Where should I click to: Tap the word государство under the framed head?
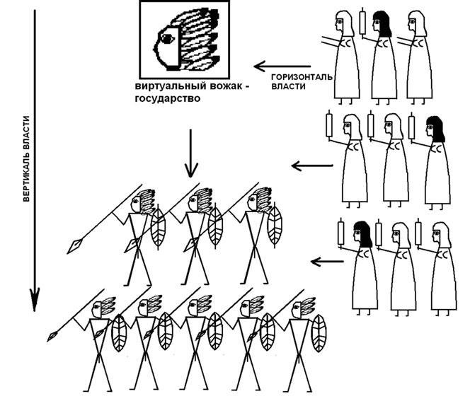pos(168,98)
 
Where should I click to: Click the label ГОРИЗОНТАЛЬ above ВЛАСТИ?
pos(302,77)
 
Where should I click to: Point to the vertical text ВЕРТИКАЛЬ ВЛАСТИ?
pos(26,158)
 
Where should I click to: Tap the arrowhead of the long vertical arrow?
pos(35,299)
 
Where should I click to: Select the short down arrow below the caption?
pos(191,153)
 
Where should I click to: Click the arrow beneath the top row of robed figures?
pos(282,66)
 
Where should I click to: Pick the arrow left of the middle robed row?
pos(312,165)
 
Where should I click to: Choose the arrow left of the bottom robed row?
pos(327,262)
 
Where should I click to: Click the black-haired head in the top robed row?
pos(382,24)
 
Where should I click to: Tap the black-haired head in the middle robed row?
pos(435,129)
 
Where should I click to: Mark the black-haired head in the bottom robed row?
pos(362,235)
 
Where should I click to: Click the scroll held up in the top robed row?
pos(362,23)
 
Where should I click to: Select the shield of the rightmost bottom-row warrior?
pos(319,333)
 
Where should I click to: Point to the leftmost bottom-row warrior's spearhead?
pos(52,337)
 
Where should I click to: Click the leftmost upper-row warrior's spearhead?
pos(74,246)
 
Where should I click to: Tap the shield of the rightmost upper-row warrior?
pos(275,225)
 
